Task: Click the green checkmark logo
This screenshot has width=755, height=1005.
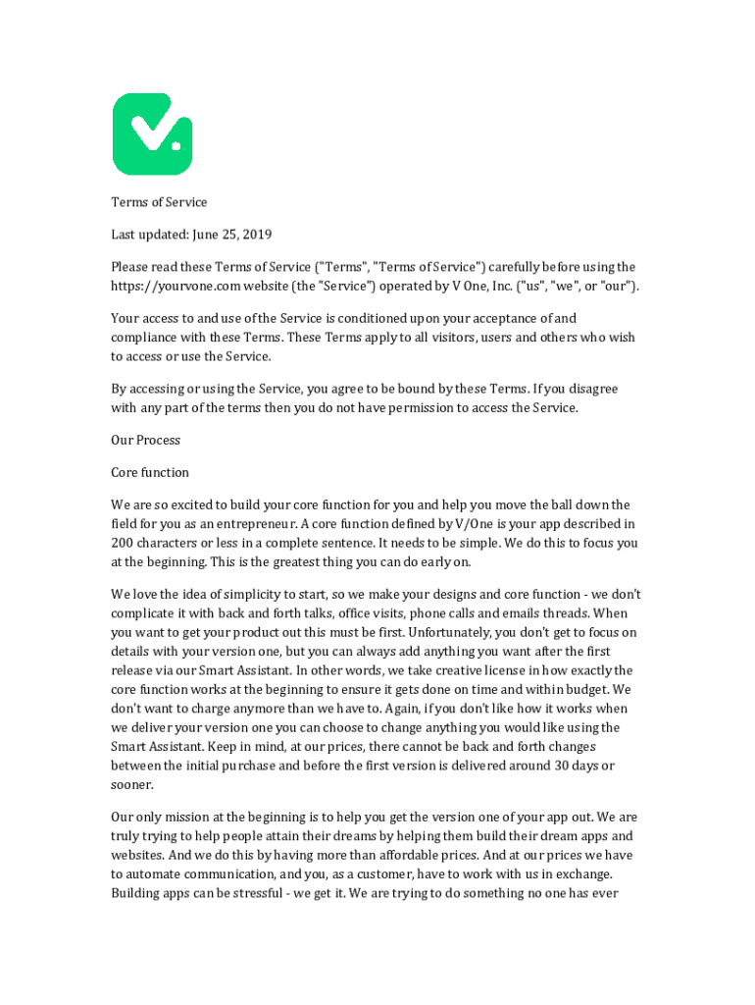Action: pos(152,134)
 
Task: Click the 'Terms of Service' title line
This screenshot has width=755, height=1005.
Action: pos(159,202)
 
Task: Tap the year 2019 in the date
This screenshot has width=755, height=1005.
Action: pos(256,235)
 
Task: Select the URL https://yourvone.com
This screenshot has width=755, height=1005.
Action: pos(173,286)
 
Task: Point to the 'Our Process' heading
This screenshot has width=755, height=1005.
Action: pos(145,440)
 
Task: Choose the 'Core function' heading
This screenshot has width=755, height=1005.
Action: pos(150,472)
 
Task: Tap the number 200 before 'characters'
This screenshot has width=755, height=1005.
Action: pos(124,542)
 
